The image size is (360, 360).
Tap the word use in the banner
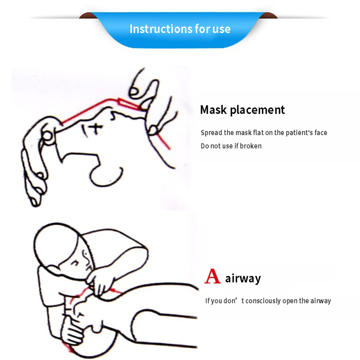pos(221,29)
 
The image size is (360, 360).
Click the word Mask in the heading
pos(213,109)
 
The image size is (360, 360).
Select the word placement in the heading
pos(257,110)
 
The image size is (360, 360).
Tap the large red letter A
pos(212,276)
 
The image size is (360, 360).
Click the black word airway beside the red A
pos(243,279)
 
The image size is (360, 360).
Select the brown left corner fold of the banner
pos(88,16)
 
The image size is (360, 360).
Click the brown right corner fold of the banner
pos(269,16)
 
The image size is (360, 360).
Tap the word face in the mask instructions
pos(321,132)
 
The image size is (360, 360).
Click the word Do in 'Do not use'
pos(204,146)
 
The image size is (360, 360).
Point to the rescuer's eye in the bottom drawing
pos(74,262)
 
